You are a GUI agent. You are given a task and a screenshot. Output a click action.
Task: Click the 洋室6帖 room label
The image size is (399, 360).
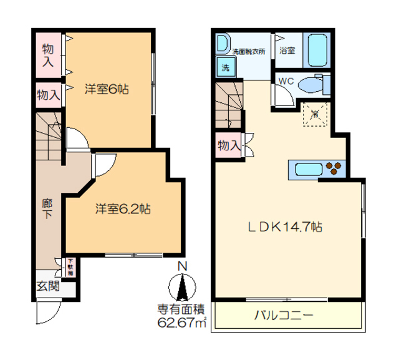pyautogui.click(x=107, y=89)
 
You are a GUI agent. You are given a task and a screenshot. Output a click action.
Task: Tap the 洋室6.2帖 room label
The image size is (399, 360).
pyautogui.click(x=122, y=208)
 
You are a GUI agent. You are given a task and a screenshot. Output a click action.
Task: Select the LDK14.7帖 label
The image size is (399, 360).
pyautogui.click(x=286, y=228)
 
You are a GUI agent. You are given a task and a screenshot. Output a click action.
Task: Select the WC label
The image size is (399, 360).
pyautogui.click(x=286, y=80)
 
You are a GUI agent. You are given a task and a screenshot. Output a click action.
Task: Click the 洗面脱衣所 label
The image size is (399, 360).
pyautogui.click(x=248, y=52)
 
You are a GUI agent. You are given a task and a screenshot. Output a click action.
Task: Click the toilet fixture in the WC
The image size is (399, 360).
pyautogui.click(x=312, y=84)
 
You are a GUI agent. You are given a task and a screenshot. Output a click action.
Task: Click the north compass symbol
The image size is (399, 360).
pyautogui.click(x=183, y=289)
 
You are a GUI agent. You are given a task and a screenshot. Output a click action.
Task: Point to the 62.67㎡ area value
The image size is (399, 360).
pyautogui.click(x=182, y=323)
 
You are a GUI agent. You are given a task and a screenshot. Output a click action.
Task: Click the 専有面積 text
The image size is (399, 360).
pyautogui.click(x=181, y=309)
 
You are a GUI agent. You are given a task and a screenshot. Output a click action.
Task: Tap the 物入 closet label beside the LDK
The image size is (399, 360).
pyautogui.click(x=229, y=145)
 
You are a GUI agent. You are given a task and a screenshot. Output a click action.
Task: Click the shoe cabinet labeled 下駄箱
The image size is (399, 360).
pyautogui.click(x=70, y=268)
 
